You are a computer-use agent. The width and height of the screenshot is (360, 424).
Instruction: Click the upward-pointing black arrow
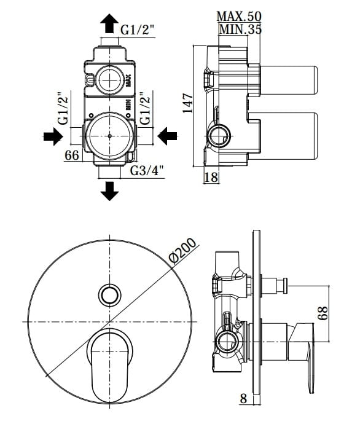[x=109, y=23]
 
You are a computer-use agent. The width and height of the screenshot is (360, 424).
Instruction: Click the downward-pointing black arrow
[x=109, y=191]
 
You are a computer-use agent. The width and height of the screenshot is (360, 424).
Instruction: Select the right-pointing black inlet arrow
[x=53, y=136]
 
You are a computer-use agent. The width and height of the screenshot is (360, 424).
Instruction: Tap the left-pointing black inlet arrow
[x=167, y=136]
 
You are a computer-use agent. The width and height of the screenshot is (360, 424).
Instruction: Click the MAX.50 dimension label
[x=239, y=16]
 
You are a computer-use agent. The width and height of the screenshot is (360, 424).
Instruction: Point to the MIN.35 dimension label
[x=240, y=29]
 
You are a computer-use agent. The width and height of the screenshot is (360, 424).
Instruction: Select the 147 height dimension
[x=187, y=103]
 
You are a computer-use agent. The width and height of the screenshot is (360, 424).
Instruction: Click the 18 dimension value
[x=211, y=177]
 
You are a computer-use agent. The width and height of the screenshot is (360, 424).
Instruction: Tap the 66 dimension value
[x=72, y=155]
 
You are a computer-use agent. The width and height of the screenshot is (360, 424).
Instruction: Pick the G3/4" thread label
[x=147, y=171]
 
